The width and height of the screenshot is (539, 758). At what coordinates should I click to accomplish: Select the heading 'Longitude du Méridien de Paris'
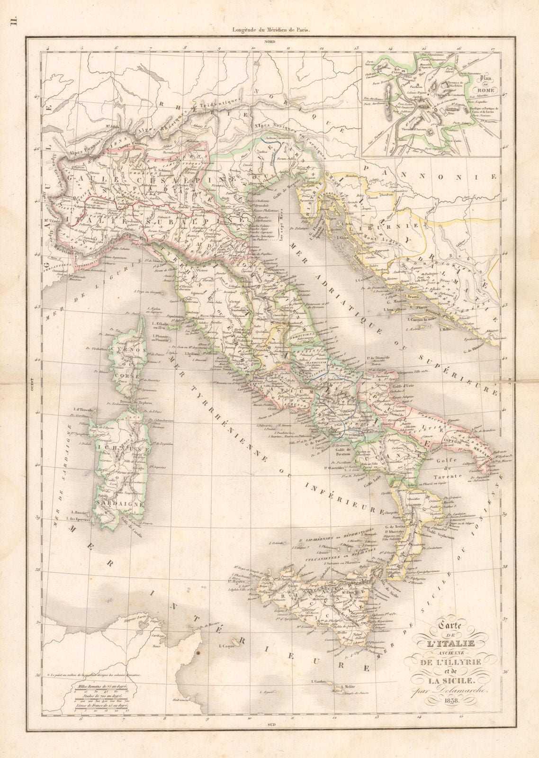270,30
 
